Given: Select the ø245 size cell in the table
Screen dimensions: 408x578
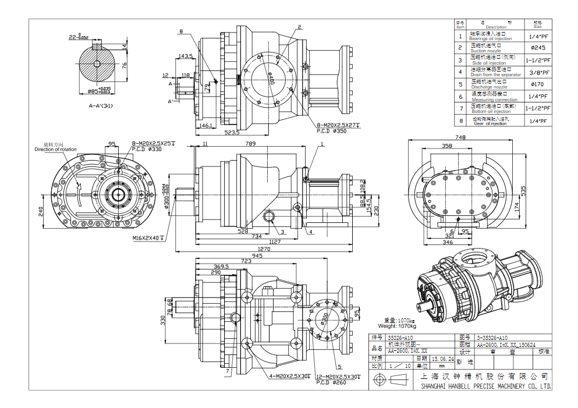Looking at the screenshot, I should pos(537,48).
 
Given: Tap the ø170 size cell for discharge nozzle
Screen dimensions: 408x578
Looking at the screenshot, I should pos(537,84).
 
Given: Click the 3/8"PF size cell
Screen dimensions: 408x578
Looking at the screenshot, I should pos(537,72).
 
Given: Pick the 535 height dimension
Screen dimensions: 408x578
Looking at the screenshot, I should pos(523,190).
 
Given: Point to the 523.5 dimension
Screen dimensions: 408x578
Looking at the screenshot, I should pos(232,133).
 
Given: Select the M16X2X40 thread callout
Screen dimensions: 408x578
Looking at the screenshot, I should pos(147,238).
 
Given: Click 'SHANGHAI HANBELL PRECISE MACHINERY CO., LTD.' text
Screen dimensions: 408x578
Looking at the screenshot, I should pos(485,386).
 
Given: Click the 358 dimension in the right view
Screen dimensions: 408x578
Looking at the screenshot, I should pos(447,146).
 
